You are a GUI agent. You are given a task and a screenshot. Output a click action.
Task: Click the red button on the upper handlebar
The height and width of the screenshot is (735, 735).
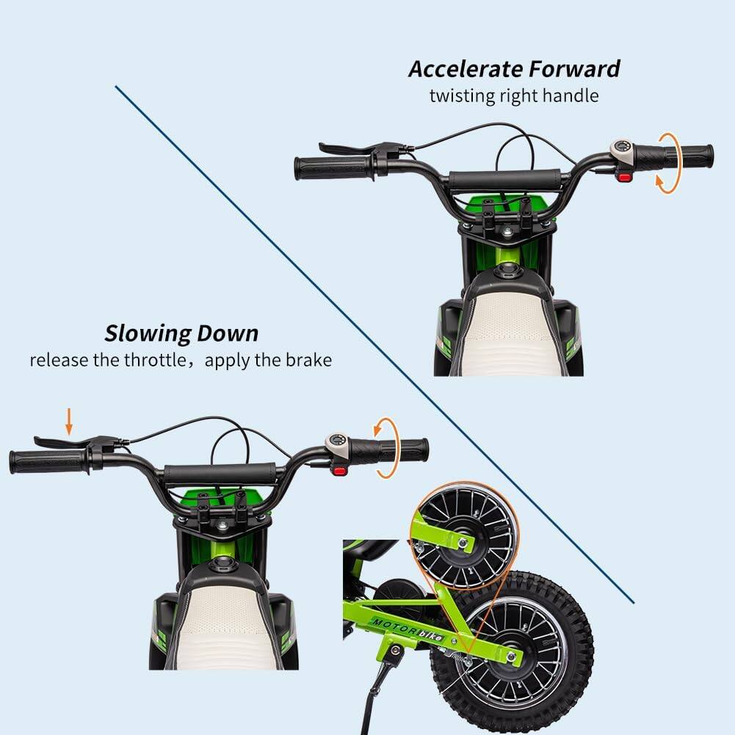point(625,176)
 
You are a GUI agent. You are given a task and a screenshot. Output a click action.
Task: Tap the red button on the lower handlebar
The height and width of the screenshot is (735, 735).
point(340,468)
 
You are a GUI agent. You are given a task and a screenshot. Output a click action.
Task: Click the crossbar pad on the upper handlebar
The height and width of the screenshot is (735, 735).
point(505,180)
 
